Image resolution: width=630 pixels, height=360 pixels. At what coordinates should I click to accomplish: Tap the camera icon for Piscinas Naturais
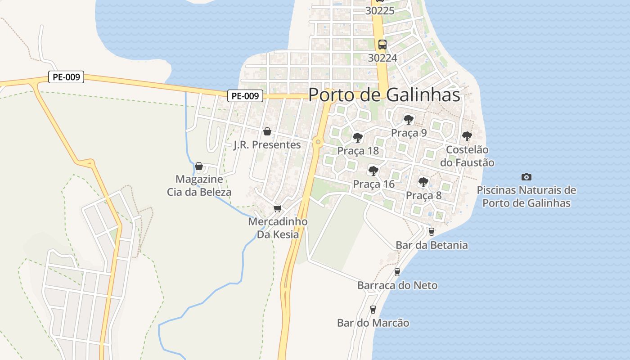coord(526,177)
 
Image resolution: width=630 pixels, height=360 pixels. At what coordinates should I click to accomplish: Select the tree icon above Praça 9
coord(409,119)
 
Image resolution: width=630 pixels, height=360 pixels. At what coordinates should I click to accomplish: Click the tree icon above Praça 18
coord(358,137)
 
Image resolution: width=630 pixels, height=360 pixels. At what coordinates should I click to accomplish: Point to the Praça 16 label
coord(373,184)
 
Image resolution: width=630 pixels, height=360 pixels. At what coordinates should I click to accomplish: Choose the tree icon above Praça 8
coord(423,182)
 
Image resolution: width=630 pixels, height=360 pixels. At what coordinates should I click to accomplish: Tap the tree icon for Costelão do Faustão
coord(467,136)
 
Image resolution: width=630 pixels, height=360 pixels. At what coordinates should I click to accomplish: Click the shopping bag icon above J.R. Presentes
coord(267,131)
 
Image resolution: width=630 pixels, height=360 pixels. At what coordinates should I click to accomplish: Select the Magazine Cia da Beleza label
coord(199,186)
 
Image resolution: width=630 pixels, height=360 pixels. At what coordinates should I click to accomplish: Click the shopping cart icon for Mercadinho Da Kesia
coord(277,208)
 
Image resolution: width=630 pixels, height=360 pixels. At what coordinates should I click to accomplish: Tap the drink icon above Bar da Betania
coord(432,232)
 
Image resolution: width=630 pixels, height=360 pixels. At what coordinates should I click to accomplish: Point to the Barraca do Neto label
coord(397,285)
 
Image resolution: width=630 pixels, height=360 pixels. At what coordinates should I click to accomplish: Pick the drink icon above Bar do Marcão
coord(373,309)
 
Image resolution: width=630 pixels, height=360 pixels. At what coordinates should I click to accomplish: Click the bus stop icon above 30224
coord(382,44)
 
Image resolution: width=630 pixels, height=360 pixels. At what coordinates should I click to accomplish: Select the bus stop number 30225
coord(380,11)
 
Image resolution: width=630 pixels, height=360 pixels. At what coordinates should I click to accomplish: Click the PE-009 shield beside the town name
coord(245,96)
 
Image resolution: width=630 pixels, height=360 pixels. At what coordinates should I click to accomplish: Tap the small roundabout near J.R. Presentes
coord(318,142)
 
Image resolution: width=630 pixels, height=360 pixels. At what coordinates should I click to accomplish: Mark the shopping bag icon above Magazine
coord(199,166)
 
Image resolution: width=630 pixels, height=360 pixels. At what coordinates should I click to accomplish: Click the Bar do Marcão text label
coord(373,323)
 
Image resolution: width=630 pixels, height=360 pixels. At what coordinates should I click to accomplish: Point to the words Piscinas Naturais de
coord(526,190)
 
